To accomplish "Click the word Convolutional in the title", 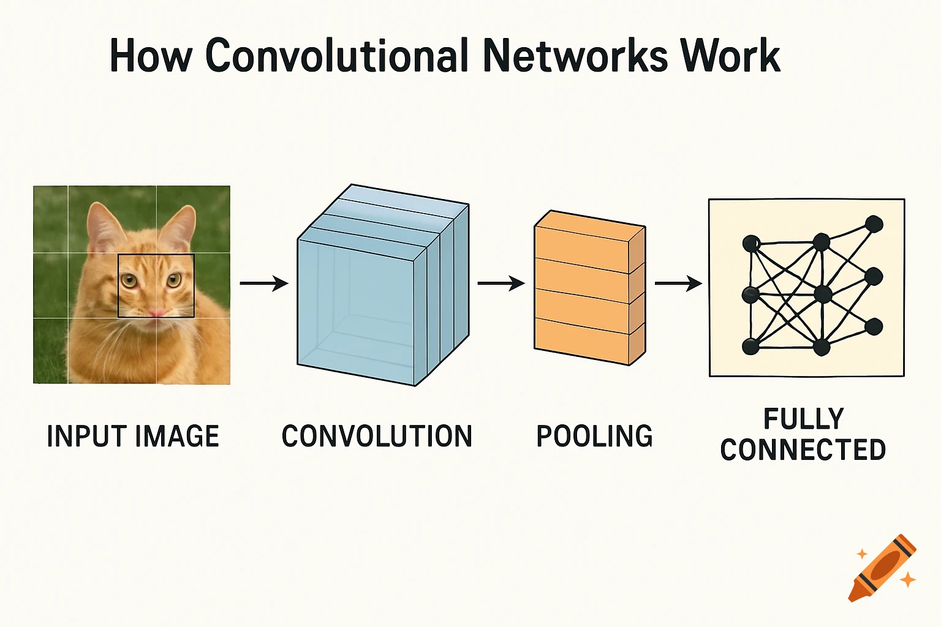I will [x=337, y=56].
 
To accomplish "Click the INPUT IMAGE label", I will [x=133, y=437].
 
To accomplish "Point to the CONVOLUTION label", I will [x=377, y=437].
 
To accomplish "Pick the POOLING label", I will [x=594, y=437].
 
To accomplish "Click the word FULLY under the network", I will [x=803, y=419].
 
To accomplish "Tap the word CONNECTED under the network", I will [x=803, y=450].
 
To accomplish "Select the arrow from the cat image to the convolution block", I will [x=264, y=283].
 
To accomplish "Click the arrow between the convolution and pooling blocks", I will [x=501, y=283].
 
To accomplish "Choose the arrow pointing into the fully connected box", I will [x=678, y=283].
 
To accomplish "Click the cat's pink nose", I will [x=156, y=312].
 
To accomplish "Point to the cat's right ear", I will [x=181, y=227].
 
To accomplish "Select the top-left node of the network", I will [x=751, y=244].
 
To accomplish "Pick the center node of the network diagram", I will [x=823, y=295].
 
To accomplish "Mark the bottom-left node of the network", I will [x=751, y=347].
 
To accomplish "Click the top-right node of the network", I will [x=874, y=224].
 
